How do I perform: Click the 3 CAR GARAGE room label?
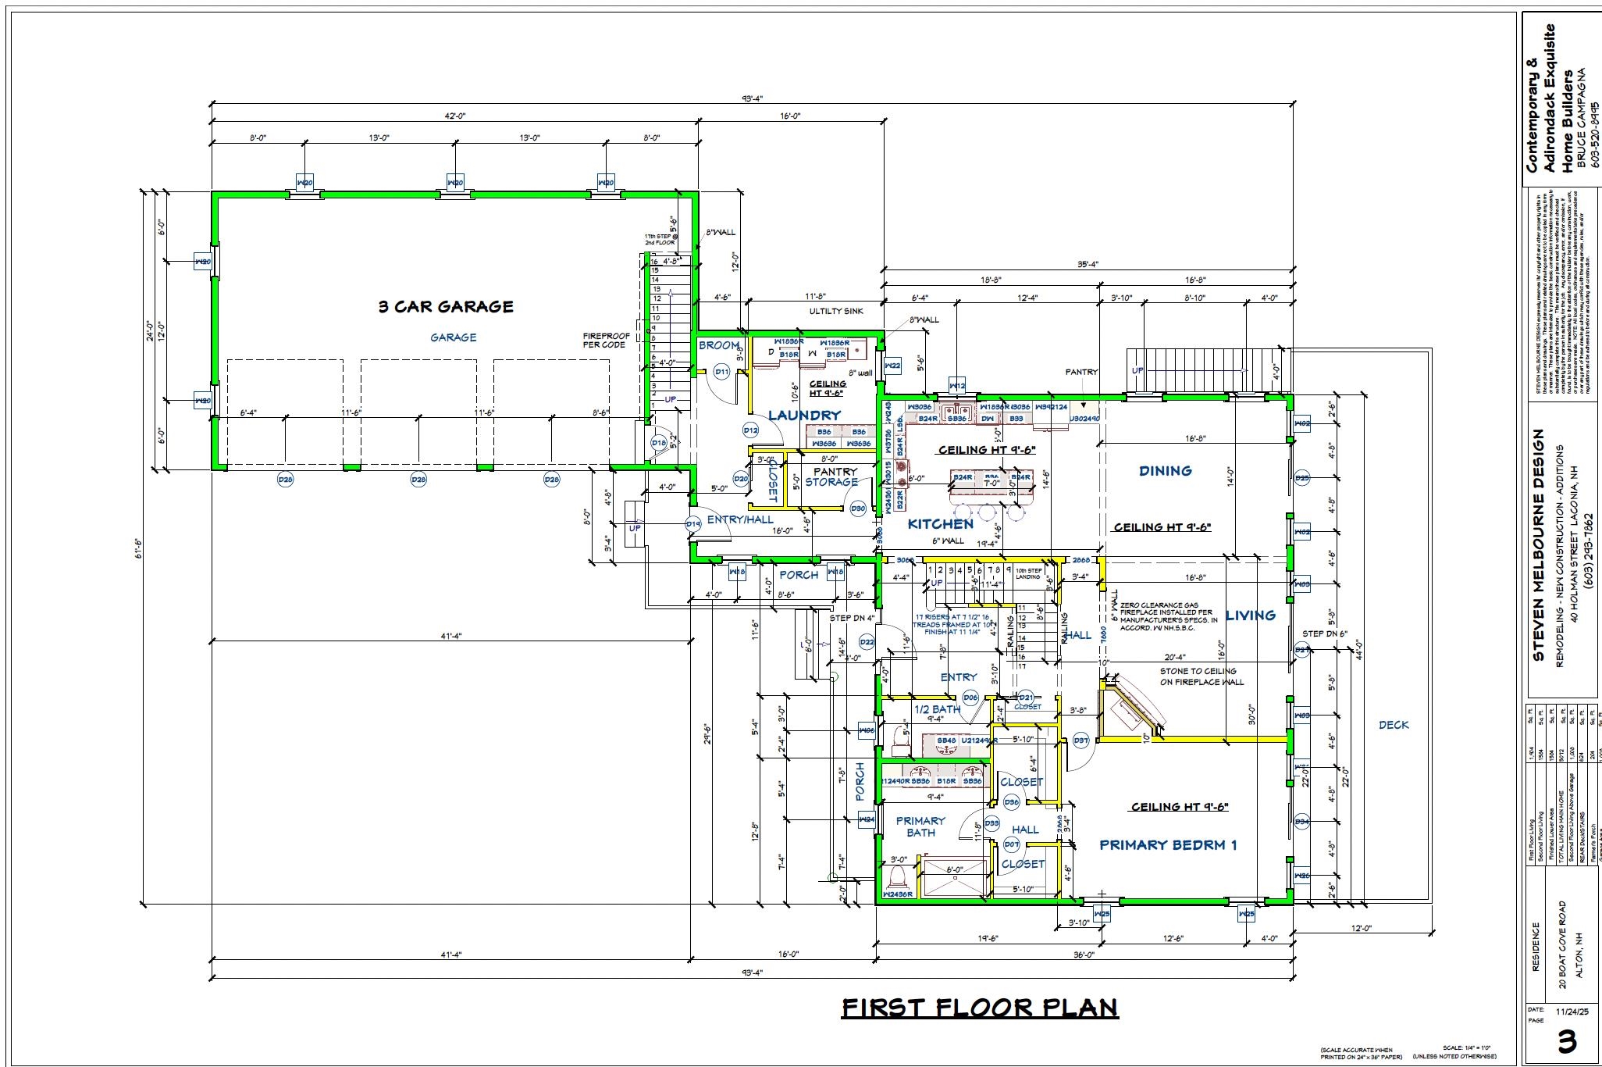point(446,306)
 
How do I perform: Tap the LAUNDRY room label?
point(804,415)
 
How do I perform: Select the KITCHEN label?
point(940,524)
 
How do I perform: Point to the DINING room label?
point(1165,470)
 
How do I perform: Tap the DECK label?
point(1394,725)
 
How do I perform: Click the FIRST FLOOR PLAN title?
point(980,1008)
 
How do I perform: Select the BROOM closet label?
point(719,345)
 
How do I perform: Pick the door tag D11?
point(721,372)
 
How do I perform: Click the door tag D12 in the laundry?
point(750,430)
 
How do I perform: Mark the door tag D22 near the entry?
point(867,642)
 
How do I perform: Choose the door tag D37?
point(1081,740)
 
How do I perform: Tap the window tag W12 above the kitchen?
point(957,386)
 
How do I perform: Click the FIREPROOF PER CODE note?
point(605,341)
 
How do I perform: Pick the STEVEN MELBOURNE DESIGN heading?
point(1538,544)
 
